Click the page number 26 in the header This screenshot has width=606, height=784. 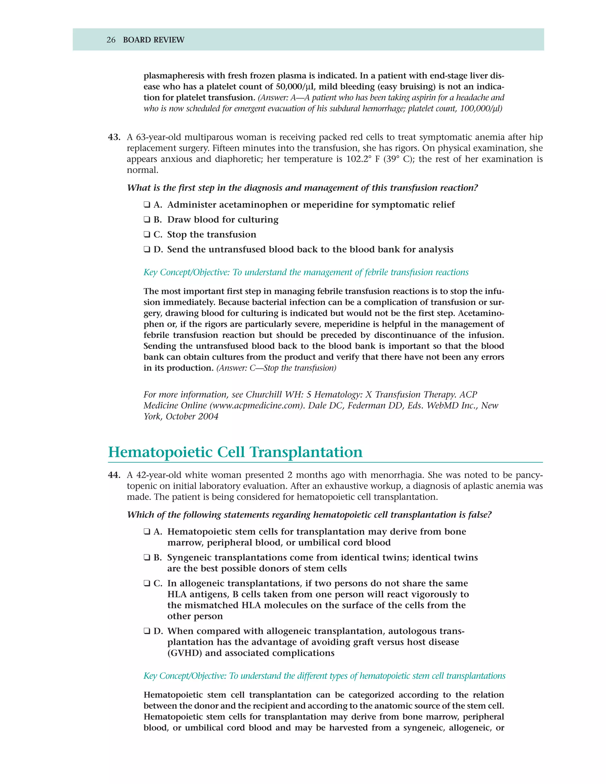coord(111,40)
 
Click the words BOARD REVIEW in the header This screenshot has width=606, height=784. coord(153,40)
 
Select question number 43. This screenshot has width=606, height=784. coord(114,137)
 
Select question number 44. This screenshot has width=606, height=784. coord(114,475)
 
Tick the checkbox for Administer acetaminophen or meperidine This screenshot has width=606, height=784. coord(147,205)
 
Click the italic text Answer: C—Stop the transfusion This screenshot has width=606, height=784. coord(276,368)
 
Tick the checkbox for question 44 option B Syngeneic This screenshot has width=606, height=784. coord(147,557)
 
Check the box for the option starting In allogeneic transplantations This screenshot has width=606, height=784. coord(147,583)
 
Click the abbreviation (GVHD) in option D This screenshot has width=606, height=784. coord(185,653)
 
